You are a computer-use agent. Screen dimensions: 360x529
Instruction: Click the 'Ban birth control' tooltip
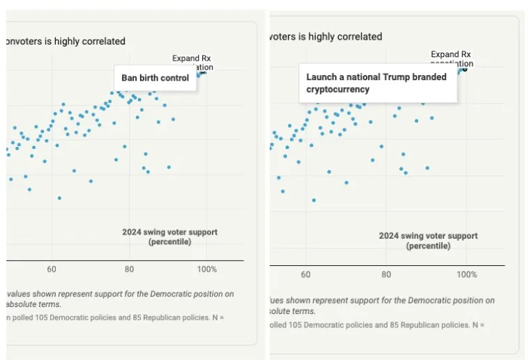(155, 78)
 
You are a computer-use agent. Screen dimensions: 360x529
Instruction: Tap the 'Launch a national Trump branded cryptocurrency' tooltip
(377, 84)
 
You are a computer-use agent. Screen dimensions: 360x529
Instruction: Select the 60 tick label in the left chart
(52, 269)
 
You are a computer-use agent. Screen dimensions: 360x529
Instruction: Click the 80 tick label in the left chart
(129, 269)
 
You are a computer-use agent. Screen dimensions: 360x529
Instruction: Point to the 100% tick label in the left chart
(207, 269)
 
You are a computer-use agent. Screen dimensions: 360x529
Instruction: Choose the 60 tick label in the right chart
(306, 275)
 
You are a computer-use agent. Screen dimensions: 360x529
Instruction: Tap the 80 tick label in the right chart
(386, 275)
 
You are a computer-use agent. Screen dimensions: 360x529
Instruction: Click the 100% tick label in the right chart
(467, 275)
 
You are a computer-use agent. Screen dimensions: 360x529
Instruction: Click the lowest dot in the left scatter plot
(59, 198)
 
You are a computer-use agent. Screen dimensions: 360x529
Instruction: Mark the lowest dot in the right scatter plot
(314, 200)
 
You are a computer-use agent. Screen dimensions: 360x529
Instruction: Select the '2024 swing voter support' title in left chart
(169, 232)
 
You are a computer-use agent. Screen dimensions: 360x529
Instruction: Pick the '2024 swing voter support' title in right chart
(428, 236)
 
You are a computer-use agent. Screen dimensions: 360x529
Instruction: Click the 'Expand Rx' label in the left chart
(192, 58)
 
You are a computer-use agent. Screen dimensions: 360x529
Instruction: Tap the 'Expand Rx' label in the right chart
(450, 54)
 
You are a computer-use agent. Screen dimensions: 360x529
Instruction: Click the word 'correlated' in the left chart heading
(103, 42)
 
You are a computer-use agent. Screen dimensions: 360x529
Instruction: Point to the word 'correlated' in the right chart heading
(360, 37)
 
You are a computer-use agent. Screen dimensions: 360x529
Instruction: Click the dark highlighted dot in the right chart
(465, 69)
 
